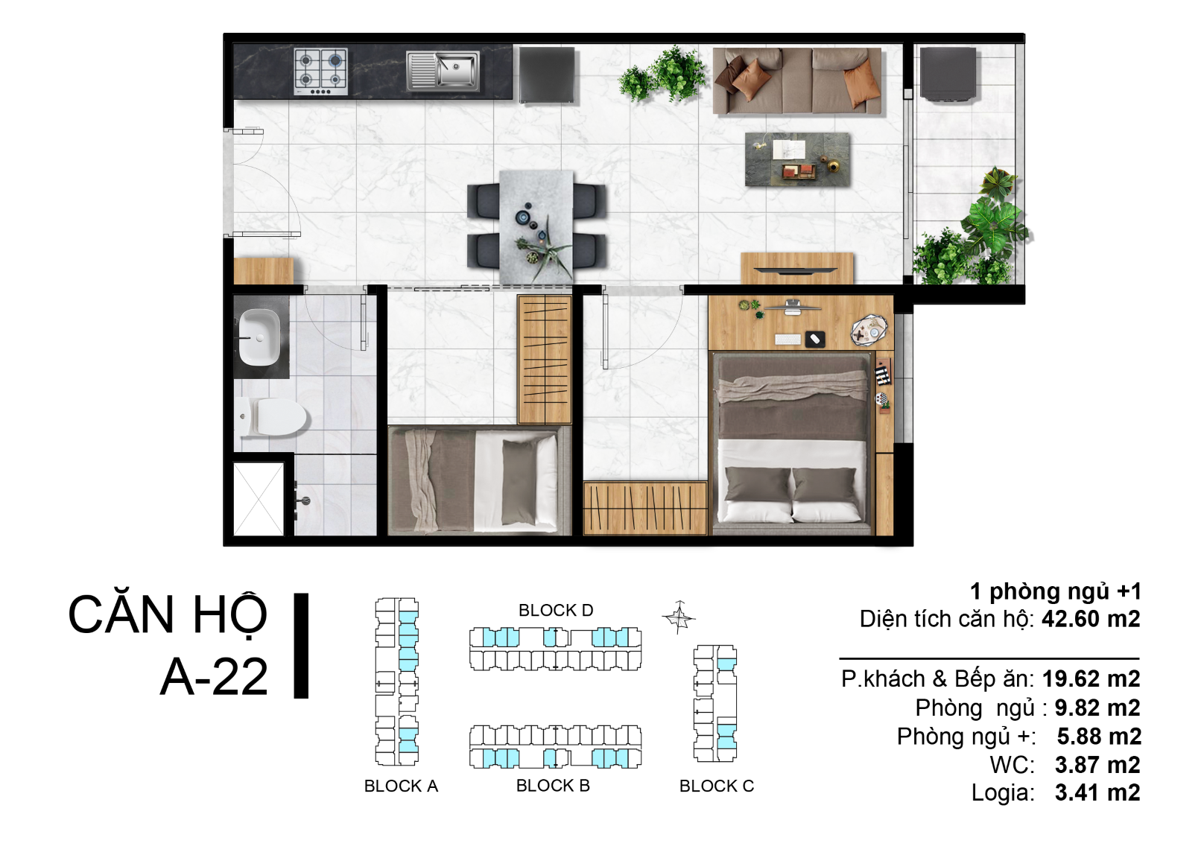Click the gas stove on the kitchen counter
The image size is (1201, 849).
pos(320,71)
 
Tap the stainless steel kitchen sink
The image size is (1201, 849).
pos(443,71)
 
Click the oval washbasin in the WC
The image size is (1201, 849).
pos(259,337)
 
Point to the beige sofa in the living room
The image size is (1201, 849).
pos(797,81)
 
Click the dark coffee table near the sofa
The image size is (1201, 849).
pos(797,159)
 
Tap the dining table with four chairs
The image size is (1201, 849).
pos(536,226)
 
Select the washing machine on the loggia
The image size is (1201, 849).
pos(948,74)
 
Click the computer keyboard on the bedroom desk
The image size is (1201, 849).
pos(788,339)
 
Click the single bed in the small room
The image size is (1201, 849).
pos(479,480)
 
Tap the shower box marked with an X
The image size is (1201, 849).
pos(259,499)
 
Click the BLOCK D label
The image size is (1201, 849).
pos(556,610)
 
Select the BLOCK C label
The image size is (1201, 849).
pos(716,786)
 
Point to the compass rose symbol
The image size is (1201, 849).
pos(679,617)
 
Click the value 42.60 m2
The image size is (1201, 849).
pos(1091,619)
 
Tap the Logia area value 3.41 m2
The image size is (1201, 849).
pos(1097,792)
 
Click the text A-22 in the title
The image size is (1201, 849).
pos(214,677)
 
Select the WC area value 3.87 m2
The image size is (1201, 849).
pos(1097,765)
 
